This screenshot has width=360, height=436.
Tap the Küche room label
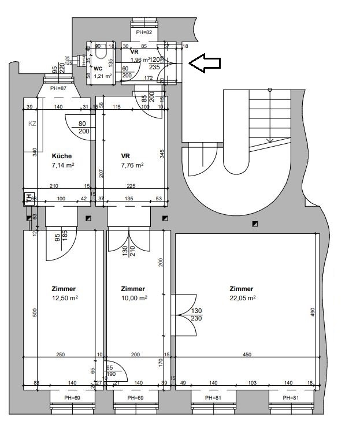[62, 156]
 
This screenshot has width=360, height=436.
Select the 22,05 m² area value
[242, 298]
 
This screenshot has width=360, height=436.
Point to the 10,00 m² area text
[134, 298]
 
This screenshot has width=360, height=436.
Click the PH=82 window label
[144, 33]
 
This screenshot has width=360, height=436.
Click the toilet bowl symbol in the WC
[101, 54]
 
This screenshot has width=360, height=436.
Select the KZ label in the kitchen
[32, 124]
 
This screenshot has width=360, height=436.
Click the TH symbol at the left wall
[28, 197]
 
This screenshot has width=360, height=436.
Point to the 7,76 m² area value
[132, 165]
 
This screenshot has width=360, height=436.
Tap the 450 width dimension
[247, 355]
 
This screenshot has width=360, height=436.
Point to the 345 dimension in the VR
[163, 155]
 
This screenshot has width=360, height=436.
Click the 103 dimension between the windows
[252, 383]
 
